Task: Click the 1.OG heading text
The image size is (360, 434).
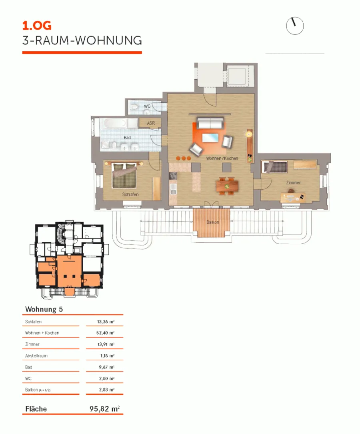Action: [37, 26]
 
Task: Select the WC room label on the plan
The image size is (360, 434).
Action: [147, 106]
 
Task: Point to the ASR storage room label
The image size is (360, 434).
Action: [151, 123]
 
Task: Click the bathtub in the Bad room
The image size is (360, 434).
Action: [115, 123]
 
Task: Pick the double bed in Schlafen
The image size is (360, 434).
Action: [124, 175]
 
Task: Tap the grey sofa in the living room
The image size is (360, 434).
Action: [210, 123]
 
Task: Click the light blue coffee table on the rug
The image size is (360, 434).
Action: [210, 138]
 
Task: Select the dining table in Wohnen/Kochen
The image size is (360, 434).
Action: [227, 186]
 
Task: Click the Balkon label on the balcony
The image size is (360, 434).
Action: [213, 222]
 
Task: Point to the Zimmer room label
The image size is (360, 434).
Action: [293, 183]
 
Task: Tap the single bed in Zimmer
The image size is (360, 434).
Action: [274, 167]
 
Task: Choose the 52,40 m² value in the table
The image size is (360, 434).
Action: [105, 333]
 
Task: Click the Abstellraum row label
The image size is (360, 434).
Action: [36, 356]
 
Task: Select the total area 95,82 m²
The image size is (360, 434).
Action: [104, 409]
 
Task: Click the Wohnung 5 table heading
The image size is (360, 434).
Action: [44, 309]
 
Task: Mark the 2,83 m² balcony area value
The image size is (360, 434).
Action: [107, 390]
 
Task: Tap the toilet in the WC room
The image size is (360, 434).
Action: [134, 106]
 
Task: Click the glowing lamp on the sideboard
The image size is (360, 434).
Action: [249, 134]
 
